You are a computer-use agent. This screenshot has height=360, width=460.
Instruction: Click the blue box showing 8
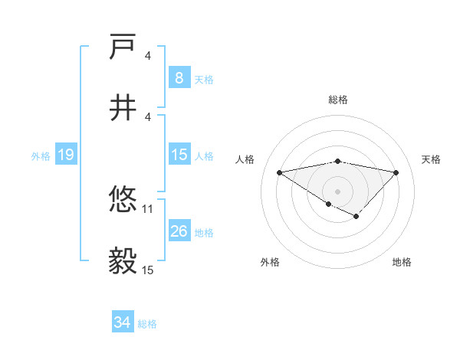(179, 78)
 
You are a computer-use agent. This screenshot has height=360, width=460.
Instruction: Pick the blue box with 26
(179, 231)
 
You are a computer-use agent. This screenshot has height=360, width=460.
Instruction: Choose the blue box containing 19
(66, 155)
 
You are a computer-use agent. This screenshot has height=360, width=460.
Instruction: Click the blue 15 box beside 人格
(179, 155)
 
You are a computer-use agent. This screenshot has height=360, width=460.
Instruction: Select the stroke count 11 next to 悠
(148, 208)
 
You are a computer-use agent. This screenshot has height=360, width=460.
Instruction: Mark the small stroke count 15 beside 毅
(148, 270)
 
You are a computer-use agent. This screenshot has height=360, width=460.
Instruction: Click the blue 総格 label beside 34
(147, 324)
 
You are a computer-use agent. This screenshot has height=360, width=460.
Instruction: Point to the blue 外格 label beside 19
(41, 155)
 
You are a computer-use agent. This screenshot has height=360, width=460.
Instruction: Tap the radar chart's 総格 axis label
(338, 100)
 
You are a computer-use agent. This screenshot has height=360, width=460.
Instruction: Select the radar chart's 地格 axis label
(402, 262)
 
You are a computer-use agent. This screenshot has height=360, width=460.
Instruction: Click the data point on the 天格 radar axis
(396, 172)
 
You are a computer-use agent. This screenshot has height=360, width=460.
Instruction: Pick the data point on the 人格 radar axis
(280, 172)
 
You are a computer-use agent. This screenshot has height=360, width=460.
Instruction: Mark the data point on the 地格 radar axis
(356, 217)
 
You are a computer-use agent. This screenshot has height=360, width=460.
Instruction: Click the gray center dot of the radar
(337, 191)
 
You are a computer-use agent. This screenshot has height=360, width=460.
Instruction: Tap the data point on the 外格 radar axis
(328, 204)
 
